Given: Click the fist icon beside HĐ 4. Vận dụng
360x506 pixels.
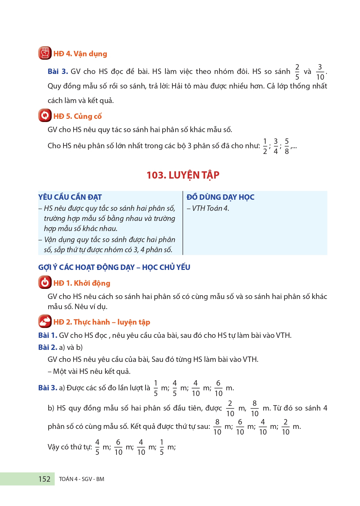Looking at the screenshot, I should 45,53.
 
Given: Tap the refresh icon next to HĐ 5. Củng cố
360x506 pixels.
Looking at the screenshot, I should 45,115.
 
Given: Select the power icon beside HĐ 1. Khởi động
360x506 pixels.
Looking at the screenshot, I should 45,282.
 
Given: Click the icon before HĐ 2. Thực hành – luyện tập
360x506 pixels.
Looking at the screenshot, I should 45,321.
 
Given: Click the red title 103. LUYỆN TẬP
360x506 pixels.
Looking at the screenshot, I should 183,175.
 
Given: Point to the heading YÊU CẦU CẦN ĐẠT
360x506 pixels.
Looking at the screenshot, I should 70,197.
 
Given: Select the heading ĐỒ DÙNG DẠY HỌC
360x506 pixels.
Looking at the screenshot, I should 220,197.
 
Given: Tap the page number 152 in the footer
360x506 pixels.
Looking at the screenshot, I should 44,479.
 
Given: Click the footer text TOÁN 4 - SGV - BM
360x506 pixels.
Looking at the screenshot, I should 81,479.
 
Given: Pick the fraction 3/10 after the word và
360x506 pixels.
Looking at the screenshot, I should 320,72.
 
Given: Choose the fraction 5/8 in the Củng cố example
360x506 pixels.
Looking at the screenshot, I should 287,146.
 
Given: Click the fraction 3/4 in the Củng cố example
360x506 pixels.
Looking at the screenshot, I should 276,146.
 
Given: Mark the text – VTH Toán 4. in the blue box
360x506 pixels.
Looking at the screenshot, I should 208,208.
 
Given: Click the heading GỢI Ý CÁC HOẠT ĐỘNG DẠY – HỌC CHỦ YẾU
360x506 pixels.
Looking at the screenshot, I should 114,267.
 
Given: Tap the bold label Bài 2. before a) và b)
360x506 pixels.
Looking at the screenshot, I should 48,347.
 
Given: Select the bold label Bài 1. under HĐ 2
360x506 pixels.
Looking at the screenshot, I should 48,335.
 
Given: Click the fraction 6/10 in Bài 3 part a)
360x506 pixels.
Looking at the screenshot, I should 218,388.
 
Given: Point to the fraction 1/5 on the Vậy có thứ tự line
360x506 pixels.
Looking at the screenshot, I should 162,447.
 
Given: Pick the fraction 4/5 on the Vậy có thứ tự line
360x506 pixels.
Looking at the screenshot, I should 97,447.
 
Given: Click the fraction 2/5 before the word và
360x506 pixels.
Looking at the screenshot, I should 297,72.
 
